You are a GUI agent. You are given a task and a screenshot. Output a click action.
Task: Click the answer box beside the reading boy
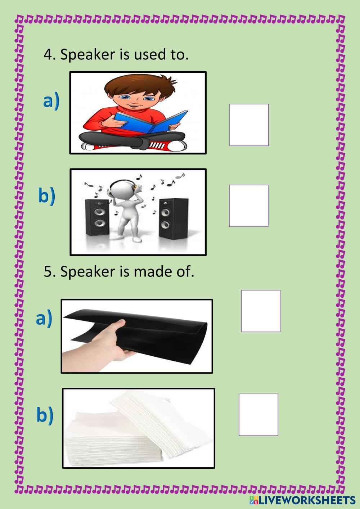[249, 125]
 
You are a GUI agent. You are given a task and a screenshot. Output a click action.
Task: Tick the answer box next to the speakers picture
[249, 206]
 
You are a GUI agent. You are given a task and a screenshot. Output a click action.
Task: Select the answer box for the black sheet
[260, 311]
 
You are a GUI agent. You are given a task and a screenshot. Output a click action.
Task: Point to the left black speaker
[97, 217]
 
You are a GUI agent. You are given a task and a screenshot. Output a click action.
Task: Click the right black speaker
[174, 219]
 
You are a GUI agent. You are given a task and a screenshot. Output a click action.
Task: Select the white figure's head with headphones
[123, 188]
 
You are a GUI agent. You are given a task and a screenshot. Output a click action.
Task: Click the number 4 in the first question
[48, 55]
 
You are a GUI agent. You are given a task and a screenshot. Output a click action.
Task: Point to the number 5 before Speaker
[48, 271]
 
